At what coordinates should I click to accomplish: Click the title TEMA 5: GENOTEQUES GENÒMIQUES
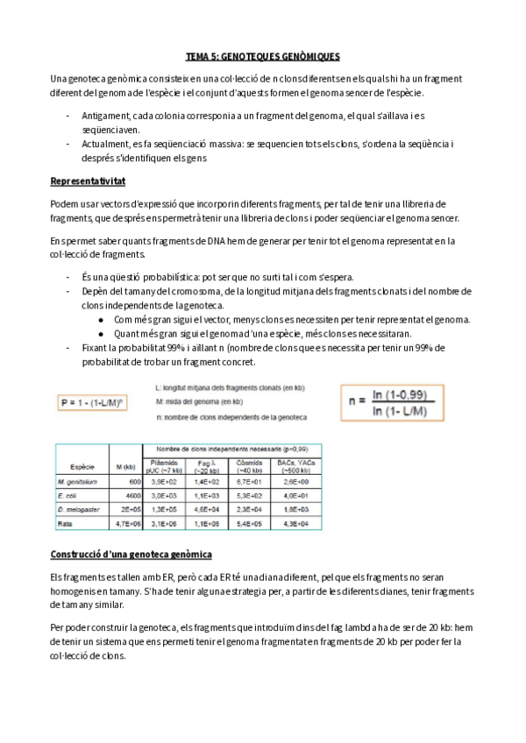pyautogui.click(x=263, y=55)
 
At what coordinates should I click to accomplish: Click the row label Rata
pyautogui.click(x=65, y=523)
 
